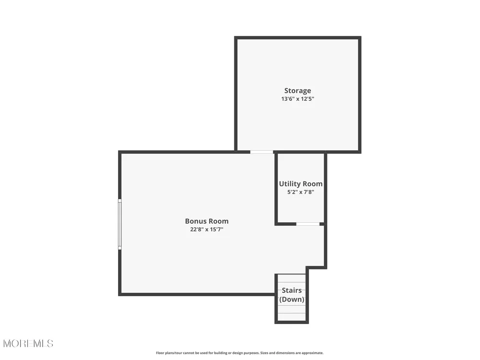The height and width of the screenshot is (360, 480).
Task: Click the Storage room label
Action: point(298,91)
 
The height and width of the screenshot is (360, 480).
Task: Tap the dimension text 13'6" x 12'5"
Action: point(298,99)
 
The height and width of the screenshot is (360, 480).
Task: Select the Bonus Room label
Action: point(206,221)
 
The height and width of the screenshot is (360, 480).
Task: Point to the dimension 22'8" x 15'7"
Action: point(206,229)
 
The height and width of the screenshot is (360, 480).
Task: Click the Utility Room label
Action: point(300,184)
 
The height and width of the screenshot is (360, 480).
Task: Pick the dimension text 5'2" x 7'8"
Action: point(300,192)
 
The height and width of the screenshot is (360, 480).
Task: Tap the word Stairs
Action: point(292,290)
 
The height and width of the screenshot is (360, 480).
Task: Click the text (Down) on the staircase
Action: point(292,299)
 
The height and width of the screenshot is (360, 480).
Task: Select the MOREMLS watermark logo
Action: point(28,344)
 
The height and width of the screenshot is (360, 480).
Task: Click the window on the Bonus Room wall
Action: point(120,224)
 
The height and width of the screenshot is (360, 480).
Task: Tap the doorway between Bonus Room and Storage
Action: point(262,152)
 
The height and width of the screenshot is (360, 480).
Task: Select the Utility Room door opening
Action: point(308,224)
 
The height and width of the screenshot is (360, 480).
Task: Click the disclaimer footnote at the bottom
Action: point(240,353)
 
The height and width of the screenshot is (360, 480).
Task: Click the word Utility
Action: point(289,184)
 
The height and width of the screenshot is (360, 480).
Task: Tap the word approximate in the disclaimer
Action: point(313,353)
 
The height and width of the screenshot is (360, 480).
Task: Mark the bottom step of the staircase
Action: point(292,317)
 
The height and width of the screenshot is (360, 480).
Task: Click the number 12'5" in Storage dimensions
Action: point(308,99)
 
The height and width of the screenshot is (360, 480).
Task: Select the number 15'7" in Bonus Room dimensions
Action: point(217,229)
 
